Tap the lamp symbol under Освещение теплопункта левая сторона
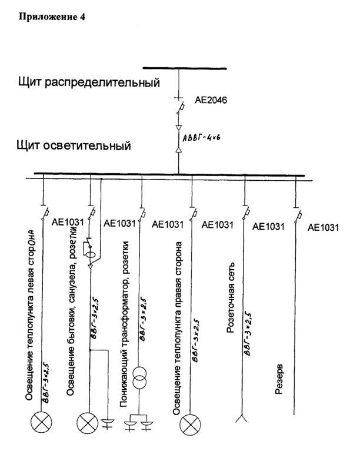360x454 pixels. (45, 422)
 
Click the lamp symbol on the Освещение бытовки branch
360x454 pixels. (90, 422)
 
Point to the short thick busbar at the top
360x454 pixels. (184, 68)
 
